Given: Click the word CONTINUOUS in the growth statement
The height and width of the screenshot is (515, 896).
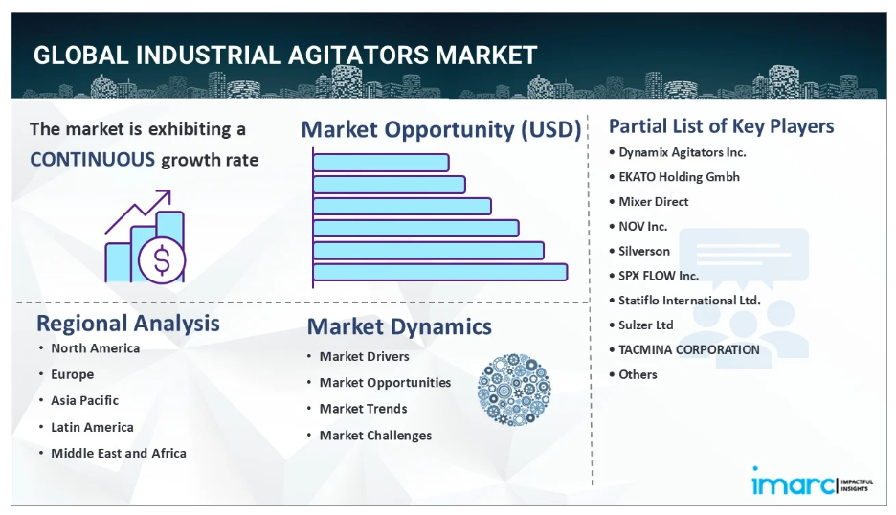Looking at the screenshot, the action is tap(93, 160).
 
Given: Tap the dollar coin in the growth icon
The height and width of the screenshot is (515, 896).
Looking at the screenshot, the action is tap(163, 260).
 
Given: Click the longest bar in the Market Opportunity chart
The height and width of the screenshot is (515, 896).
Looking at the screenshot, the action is tap(440, 272).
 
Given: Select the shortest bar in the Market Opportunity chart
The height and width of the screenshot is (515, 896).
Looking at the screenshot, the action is tap(381, 163).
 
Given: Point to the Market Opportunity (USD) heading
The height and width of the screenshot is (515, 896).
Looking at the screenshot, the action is tap(441, 130).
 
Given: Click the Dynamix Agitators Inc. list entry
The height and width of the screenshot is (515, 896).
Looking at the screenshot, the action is tap(683, 152).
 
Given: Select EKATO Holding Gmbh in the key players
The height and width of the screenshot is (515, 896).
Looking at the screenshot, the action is tap(679, 177).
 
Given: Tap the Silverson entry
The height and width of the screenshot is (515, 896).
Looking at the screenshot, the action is tap(644, 251).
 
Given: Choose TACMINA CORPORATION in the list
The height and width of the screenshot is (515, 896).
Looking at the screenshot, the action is tap(689, 349).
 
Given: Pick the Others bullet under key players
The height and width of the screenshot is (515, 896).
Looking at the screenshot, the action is tap(638, 374).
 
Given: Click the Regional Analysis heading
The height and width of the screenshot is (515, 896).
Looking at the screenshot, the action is tap(128, 324).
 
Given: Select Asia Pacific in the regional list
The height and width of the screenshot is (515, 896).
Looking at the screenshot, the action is tap(84, 400).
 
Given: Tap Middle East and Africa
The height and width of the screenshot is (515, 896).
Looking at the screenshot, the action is tap(119, 454).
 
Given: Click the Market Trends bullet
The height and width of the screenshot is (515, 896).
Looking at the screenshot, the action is tap(364, 409).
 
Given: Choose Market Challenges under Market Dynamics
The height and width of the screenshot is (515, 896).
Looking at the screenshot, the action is tap(375, 436).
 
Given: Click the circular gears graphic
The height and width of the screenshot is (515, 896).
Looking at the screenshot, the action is tap(514, 390).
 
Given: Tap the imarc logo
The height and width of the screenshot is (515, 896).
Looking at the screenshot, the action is tap(794, 481).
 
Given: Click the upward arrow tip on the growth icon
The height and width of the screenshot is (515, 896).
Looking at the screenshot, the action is tap(169, 191).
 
